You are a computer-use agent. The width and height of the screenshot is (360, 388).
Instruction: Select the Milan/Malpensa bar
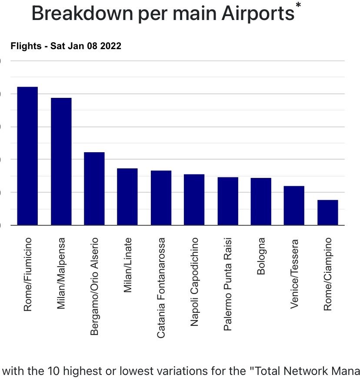[61, 161]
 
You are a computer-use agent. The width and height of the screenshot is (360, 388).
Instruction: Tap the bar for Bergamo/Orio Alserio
[94, 188]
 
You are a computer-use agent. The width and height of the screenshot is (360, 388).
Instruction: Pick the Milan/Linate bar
[127, 197]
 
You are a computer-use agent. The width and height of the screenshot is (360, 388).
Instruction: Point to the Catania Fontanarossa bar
[161, 197]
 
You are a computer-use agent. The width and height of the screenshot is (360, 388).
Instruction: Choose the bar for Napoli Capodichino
[194, 200]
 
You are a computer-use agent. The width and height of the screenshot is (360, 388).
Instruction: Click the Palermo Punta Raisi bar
[228, 201]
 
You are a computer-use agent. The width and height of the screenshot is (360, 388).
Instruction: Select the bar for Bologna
[261, 201]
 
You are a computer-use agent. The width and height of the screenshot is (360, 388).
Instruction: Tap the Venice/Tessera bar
[294, 205]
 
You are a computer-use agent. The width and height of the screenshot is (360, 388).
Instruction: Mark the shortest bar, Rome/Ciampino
[327, 212]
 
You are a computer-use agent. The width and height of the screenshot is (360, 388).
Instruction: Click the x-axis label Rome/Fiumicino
[28, 274]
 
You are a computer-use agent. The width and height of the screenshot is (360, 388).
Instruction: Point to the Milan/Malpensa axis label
[61, 273]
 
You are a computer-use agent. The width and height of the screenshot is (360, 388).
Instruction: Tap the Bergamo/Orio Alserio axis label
[94, 286]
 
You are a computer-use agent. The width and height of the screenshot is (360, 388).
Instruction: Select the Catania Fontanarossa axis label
[161, 288]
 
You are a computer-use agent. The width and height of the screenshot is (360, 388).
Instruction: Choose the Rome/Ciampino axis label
[328, 274]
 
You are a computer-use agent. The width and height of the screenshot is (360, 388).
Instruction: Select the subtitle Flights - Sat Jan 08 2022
[66, 46]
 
